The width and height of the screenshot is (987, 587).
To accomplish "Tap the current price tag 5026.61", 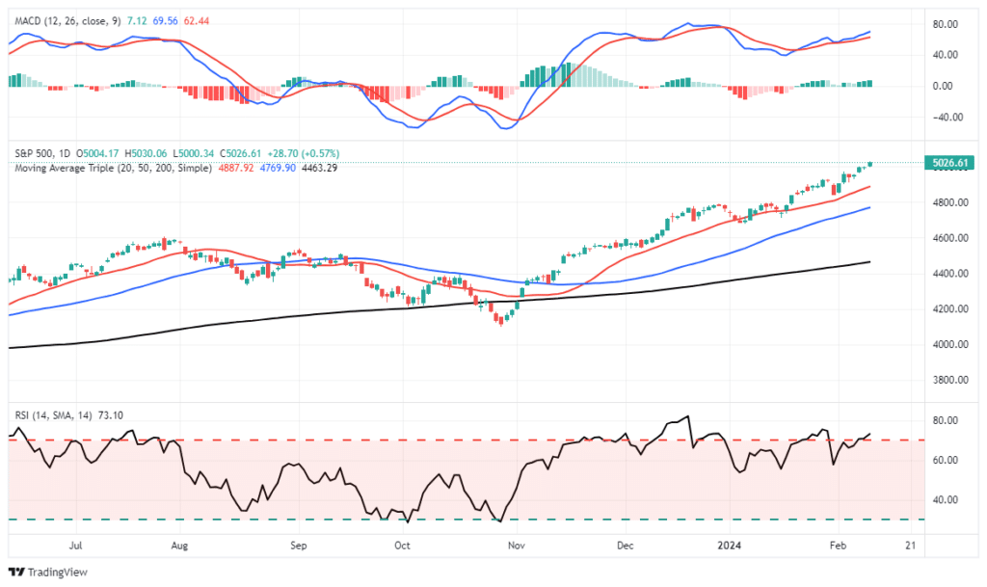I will pos(949,163).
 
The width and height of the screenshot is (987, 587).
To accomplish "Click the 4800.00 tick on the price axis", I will pos(949,202).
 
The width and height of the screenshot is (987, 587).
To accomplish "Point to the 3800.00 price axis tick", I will pos(949,380).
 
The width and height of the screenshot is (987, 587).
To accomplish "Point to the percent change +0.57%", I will pos(316,153).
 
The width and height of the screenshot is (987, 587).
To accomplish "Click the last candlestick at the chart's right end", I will pos(870,164).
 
